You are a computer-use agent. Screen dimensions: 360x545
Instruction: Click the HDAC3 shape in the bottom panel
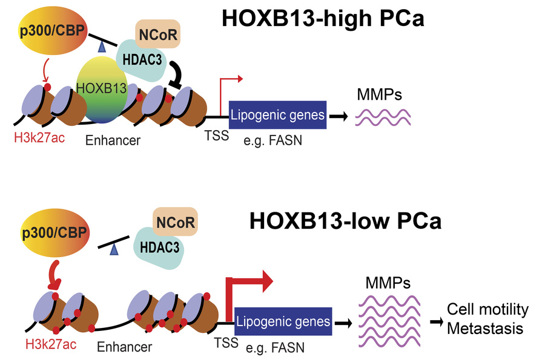tap(159, 248)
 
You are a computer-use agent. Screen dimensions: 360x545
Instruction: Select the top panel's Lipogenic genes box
tap(278, 114)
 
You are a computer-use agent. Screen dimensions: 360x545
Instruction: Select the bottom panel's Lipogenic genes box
tap(283, 321)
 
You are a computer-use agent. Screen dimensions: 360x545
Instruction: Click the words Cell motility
tap(487, 310)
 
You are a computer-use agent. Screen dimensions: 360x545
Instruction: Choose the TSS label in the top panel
tap(216, 136)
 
